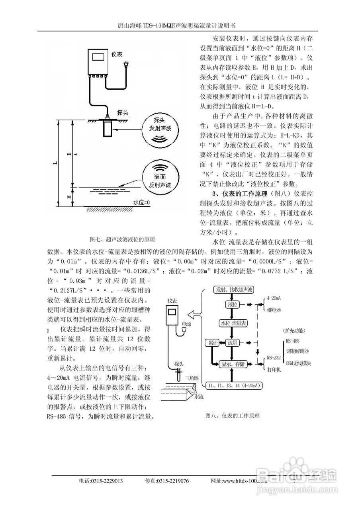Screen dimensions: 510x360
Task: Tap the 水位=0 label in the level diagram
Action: (141, 202)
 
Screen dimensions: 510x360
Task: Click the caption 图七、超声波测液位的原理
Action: (122, 239)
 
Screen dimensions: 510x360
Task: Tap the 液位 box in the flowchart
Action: (232, 305)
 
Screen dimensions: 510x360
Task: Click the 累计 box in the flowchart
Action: (211, 343)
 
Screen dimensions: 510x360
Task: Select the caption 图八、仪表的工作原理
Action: (232, 416)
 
